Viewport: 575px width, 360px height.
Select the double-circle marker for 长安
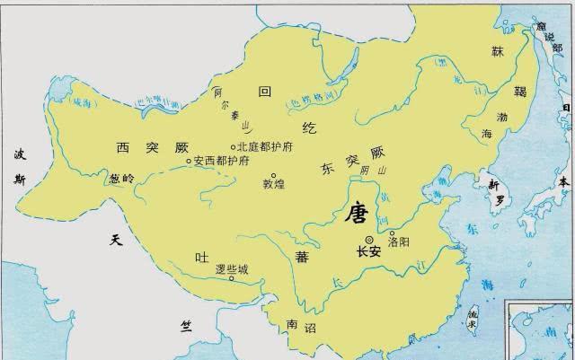point(369,239)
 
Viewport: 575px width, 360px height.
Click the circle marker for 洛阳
point(392,233)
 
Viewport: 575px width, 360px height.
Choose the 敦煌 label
point(273,186)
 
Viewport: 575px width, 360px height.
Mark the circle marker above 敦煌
point(273,176)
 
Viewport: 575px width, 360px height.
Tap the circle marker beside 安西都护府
point(189,162)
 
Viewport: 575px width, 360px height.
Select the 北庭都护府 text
point(266,147)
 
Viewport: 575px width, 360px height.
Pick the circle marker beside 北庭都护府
point(234,147)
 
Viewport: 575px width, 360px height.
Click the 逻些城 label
point(232,268)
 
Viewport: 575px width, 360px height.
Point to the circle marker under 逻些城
point(232,278)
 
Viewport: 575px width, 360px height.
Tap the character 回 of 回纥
point(264,92)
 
